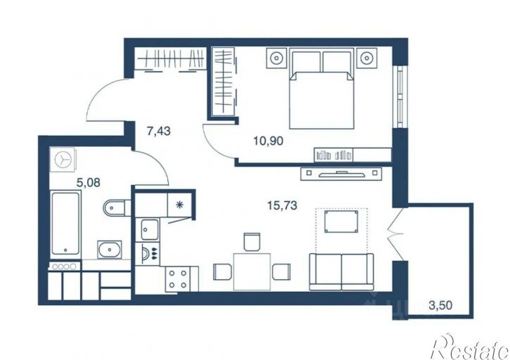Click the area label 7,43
159,131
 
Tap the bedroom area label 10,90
268,141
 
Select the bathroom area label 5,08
88,183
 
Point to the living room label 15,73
282,205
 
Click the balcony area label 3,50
440,305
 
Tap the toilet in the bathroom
115,207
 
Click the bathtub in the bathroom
65,224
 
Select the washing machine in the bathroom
63,160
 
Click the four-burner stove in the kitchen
177,279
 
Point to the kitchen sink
150,229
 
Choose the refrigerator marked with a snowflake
179,205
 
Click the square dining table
252,272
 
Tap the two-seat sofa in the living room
341,272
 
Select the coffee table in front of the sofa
341,221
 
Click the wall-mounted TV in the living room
341,174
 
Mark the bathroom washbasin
110,250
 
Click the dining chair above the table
252,242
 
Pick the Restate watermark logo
471,347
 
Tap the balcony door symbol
396,234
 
